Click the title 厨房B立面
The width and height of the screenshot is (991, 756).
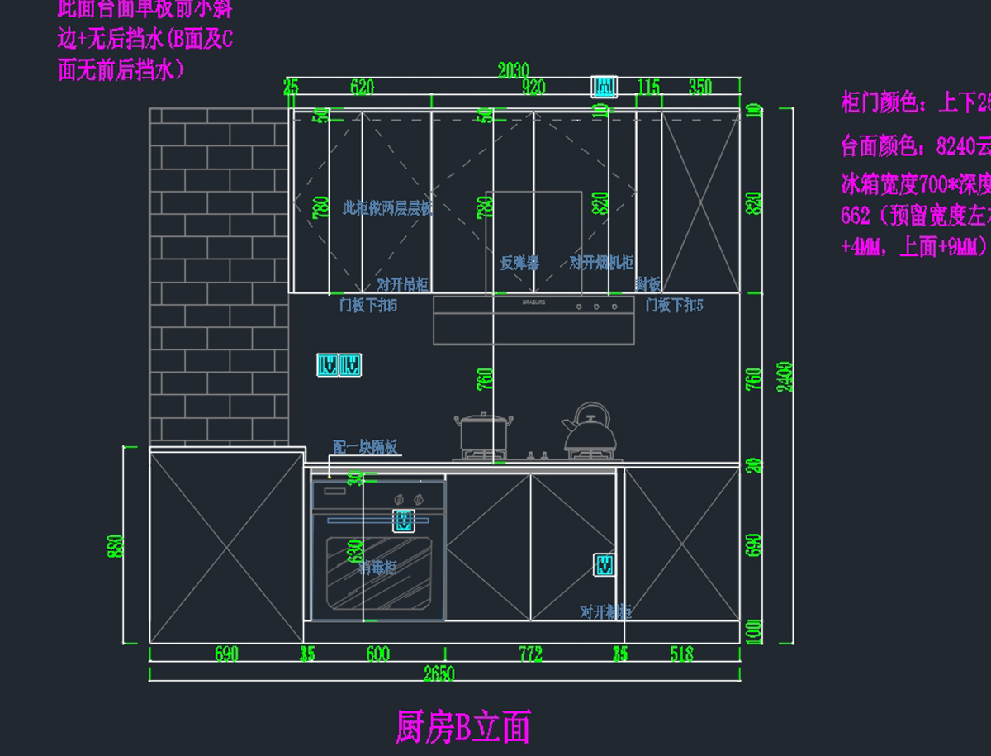(463, 728)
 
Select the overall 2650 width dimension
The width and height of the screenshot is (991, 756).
(439, 673)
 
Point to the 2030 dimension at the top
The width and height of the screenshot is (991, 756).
(513, 71)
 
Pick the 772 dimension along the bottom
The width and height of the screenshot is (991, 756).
(530, 654)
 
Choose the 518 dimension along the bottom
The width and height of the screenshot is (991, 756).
(681, 654)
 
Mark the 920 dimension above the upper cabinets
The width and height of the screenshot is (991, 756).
(533, 88)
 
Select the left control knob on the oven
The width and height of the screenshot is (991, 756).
(399, 499)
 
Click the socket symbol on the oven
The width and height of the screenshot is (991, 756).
(403, 521)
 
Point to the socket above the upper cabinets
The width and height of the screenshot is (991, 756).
(604, 86)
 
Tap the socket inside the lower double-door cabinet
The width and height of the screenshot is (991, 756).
(605, 565)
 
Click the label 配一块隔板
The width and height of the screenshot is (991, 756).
(365, 447)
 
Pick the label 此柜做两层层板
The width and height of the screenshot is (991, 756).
(387, 208)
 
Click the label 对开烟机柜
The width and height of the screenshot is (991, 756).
(601, 263)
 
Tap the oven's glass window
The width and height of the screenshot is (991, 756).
(377, 572)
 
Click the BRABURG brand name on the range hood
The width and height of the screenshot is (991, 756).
(533, 303)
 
